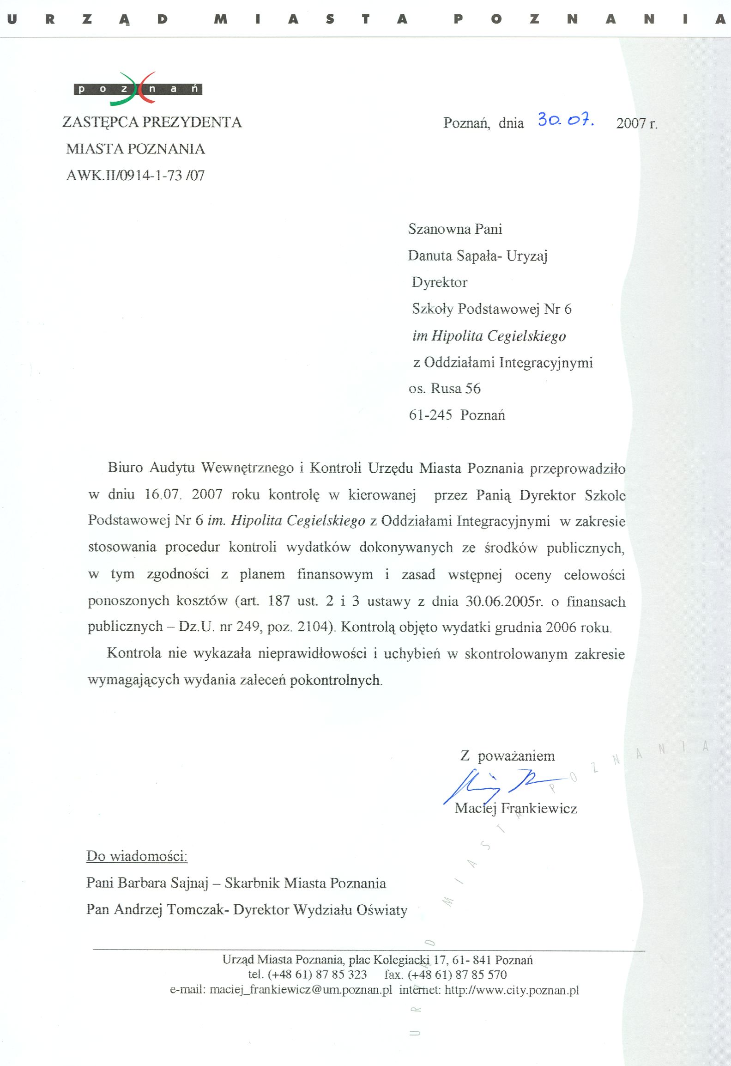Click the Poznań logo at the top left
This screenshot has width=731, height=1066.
pyautogui.click(x=138, y=88)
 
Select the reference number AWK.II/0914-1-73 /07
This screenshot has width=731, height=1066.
pyautogui.click(x=135, y=176)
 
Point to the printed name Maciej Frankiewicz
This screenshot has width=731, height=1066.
pyautogui.click(x=515, y=808)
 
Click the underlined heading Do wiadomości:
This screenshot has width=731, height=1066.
pyautogui.click(x=137, y=856)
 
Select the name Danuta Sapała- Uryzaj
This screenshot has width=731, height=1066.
pyautogui.click(x=477, y=256)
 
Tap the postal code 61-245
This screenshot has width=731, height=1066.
pyautogui.click(x=430, y=414)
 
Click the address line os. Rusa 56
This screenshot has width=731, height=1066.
pyautogui.click(x=444, y=388)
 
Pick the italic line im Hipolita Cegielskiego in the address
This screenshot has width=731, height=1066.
pyautogui.click(x=489, y=335)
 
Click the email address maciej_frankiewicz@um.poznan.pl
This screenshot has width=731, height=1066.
pyautogui.click(x=300, y=990)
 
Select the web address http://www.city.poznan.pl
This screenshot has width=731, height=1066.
pyautogui.click(x=511, y=990)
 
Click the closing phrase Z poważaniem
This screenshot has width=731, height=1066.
pyautogui.click(x=507, y=756)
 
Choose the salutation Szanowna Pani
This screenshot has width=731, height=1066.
pyautogui.click(x=454, y=229)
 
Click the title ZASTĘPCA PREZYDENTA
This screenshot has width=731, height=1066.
pyautogui.click(x=152, y=122)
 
